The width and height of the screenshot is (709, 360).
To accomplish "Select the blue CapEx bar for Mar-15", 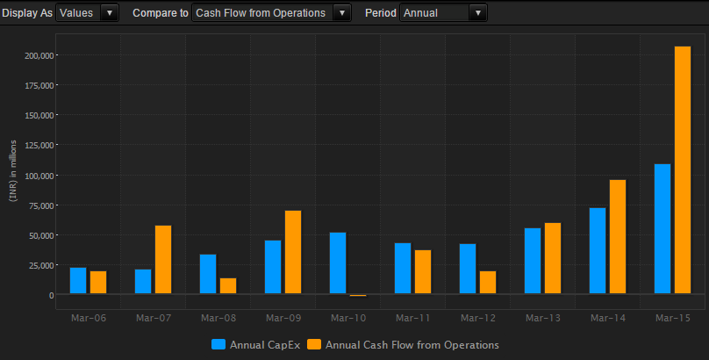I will point(662,228).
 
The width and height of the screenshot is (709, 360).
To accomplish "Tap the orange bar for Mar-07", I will point(163,259).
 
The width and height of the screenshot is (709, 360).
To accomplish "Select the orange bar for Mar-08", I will point(228,285).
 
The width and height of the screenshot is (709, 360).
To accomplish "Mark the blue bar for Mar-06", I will point(78,280).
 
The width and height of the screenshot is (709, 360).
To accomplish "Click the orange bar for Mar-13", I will point(553,258).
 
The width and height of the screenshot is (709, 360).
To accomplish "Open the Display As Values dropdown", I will point(87,13).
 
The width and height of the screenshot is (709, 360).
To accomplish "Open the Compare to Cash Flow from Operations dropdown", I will point(270,13).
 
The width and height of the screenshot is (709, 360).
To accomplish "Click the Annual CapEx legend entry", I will point(256,345).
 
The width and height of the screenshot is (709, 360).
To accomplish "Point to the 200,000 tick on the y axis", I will point(39,55).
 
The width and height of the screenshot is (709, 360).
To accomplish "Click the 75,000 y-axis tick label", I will point(40,205).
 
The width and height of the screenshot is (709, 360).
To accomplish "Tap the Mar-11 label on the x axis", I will point(409,317).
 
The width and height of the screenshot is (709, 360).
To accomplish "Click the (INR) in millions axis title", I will point(13,170).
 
